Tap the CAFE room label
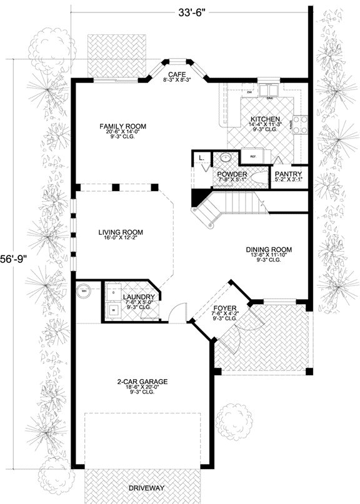[177, 74]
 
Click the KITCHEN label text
[265, 119]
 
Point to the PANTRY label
[288, 174]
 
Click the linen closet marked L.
[202, 159]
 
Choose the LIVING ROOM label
[117, 232]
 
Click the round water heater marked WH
[84, 290]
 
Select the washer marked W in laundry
[113, 309]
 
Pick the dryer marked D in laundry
[113, 292]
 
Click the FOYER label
[222, 308]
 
